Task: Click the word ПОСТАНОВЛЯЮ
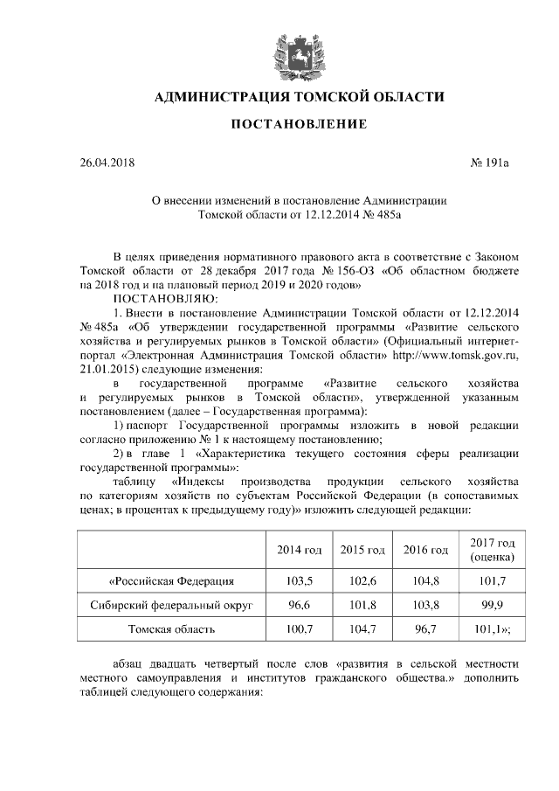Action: (x=163, y=299)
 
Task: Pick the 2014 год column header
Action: (x=300, y=550)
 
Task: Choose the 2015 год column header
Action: (x=362, y=550)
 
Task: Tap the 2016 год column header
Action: (x=425, y=550)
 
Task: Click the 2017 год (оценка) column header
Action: (x=491, y=550)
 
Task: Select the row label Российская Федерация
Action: (x=171, y=581)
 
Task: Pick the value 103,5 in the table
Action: (x=300, y=581)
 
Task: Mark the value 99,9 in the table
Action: (x=491, y=605)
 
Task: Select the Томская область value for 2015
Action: (x=362, y=628)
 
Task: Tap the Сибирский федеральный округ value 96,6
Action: (x=300, y=605)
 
